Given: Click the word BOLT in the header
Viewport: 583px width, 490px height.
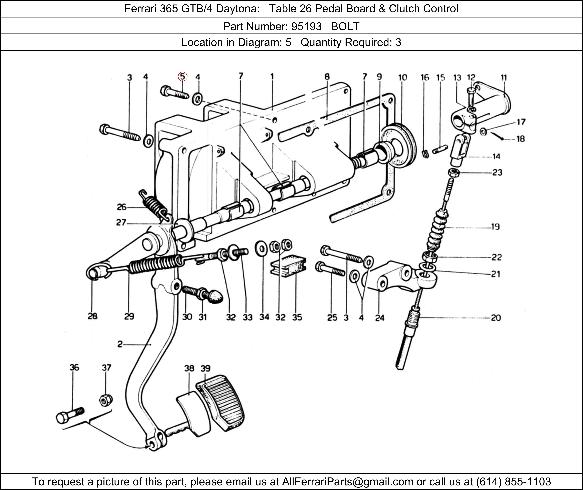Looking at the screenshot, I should coord(345,26).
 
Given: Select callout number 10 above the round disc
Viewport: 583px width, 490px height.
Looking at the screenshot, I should coord(402,77).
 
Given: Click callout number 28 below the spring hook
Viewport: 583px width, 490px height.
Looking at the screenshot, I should coord(93,316).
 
